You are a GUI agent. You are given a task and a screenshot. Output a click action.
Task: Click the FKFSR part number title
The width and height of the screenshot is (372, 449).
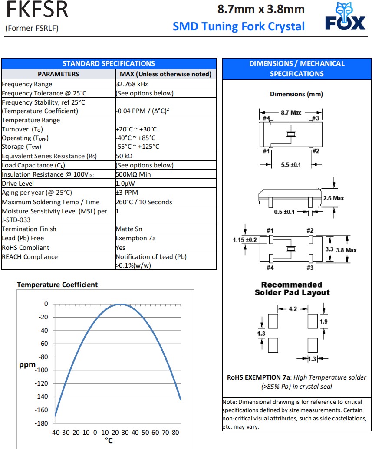click(x=37, y=10)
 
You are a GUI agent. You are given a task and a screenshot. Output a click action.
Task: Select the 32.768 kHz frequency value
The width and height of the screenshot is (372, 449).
click(x=132, y=84)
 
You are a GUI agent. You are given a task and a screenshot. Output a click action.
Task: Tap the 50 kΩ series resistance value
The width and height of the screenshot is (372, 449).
click(x=124, y=156)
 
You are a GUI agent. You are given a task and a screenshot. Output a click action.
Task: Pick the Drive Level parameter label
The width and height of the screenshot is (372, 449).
click(x=18, y=184)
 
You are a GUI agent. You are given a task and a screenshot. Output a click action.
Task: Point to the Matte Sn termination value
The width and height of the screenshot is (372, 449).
click(x=129, y=229)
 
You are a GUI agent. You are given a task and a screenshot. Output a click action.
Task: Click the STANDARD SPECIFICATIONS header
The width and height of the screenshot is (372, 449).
click(x=109, y=63)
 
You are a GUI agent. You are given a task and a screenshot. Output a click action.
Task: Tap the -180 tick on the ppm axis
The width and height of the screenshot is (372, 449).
click(x=43, y=423)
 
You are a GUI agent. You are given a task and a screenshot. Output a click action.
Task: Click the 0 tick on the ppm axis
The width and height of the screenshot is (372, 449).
click(x=46, y=304)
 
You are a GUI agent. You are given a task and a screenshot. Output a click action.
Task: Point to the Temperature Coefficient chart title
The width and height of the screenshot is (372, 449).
click(x=57, y=285)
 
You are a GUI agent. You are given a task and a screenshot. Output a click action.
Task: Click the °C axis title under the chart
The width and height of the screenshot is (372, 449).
click(x=109, y=441)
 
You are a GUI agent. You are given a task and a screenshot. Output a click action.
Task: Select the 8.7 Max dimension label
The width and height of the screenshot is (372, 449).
click(x=291, y=113)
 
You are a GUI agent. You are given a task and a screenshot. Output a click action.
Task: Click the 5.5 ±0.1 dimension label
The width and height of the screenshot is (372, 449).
click(x=291, y=165)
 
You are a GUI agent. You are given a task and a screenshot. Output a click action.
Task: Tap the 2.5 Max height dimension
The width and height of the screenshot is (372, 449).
click(x=333, y=198)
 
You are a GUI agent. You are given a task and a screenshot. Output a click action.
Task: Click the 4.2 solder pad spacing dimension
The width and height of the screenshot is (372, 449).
click(x=293, y=309)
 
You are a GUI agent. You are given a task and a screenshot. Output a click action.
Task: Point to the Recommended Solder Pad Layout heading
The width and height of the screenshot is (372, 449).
click(x=292, y=288)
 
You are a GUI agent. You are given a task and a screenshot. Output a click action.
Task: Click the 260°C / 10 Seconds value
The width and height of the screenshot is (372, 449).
click(x=144, y=202)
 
